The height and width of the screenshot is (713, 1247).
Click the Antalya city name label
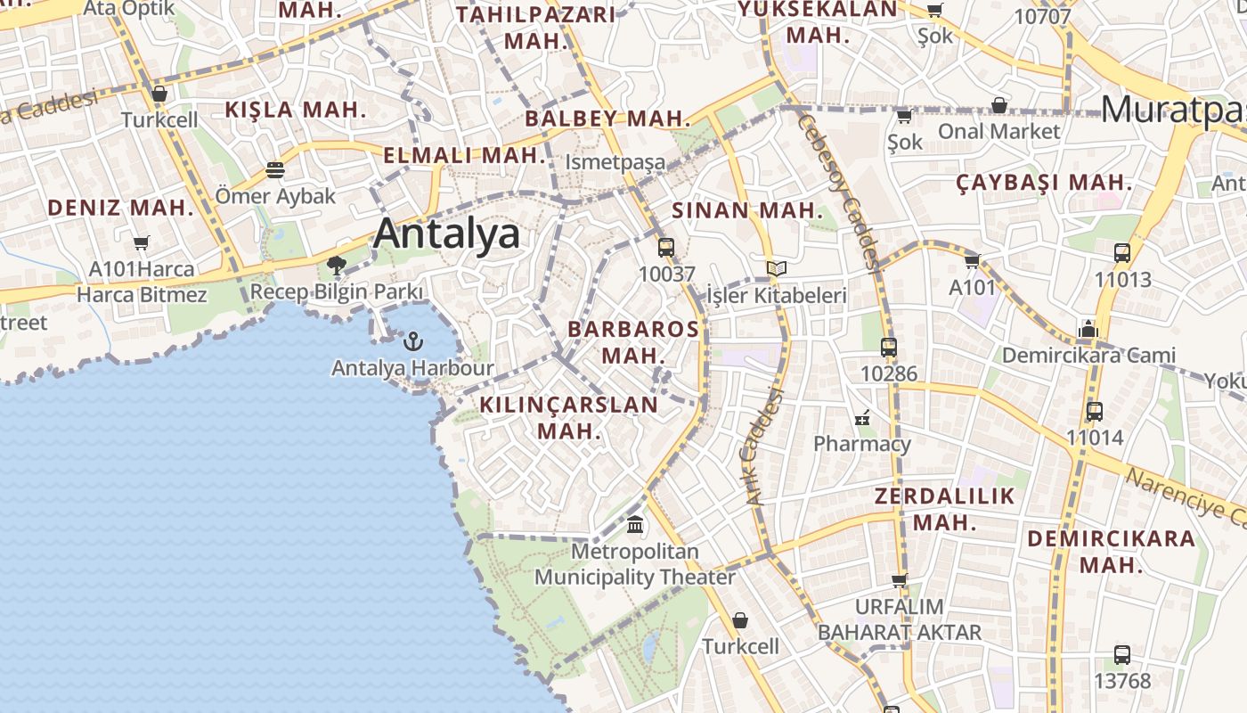[446, 234]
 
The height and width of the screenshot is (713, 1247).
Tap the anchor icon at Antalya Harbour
[413, 341]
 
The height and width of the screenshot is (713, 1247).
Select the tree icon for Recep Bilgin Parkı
[337, 265]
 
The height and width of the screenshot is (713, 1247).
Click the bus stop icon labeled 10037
[666, 248]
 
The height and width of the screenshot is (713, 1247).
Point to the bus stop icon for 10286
[888, 348]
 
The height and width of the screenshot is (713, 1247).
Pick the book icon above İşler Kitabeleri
[777, 268]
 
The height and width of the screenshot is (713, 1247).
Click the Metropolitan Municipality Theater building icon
[635, 525]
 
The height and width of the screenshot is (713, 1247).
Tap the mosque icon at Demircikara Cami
[1088, 330]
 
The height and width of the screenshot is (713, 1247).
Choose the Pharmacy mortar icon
[861, 417]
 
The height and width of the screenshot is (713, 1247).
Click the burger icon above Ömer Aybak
[275, 169]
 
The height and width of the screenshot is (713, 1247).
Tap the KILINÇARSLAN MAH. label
[569, 417]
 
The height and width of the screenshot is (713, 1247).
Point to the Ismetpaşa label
[615, 162]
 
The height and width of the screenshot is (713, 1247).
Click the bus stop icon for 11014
[1095, 412]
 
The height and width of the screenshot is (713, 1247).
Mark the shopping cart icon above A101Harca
[141, 242]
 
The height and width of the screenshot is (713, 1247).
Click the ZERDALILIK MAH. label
[945, 509]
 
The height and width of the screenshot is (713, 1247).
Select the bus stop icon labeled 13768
[1122, 655]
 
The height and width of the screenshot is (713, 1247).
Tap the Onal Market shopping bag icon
[999, 106]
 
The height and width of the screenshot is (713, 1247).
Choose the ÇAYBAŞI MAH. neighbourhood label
[1044, 184]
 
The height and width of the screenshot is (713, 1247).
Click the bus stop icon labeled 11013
[1122, 253]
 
